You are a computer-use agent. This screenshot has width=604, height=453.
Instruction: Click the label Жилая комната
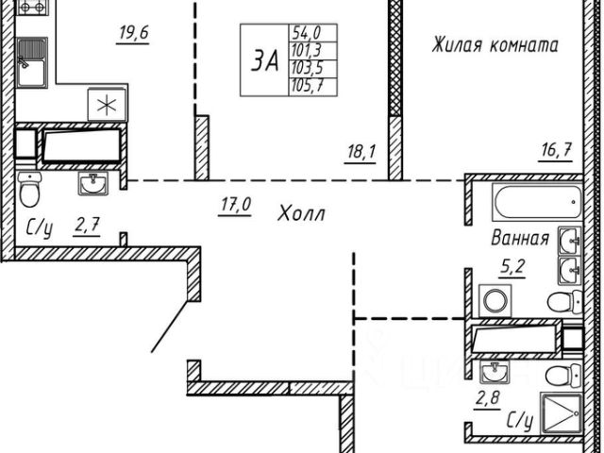coord(495,44)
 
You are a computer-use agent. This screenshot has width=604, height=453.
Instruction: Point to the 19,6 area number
coord(134,37)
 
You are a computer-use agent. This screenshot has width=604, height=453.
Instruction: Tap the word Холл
coord(301,214)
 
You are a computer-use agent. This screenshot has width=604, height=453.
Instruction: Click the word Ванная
coord(518,238)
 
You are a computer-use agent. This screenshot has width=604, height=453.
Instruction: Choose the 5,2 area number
coord(512,266)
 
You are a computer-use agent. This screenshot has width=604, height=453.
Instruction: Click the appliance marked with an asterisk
coord(103,104)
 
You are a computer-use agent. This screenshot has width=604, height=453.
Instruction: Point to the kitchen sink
coord(32,67)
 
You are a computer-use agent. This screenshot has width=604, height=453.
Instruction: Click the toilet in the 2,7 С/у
coord(29,194)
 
